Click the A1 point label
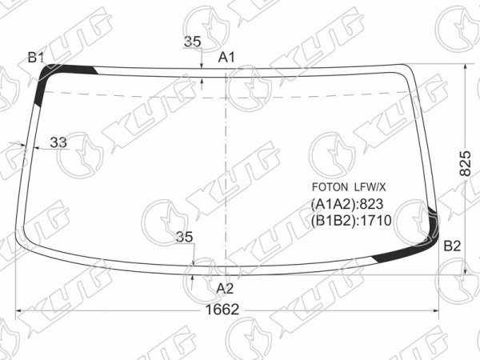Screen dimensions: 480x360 [226, 58]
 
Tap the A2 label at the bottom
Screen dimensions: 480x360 [225, 288]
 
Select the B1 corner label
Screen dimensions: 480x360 [36, 58]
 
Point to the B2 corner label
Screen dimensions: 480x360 [452, 246]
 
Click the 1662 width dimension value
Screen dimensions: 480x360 [222, 310]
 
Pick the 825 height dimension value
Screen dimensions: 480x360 [466, 163]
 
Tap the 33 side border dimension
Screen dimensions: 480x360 [58, 142]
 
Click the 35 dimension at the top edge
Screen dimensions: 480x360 [193, 42]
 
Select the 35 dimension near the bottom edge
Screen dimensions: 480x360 [184, 238]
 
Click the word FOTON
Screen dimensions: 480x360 [330, 187]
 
